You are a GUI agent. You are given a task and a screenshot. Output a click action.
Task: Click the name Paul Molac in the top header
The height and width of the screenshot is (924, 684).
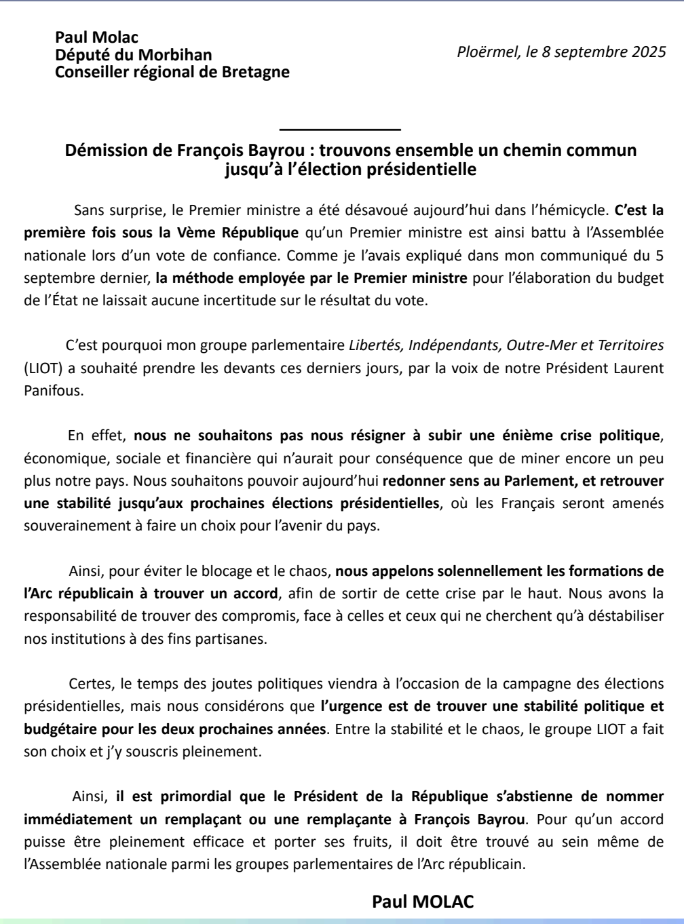(x=96, y=38)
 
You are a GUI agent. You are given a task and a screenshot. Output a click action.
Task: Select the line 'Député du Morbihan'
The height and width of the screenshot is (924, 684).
(x=133, y=55)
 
